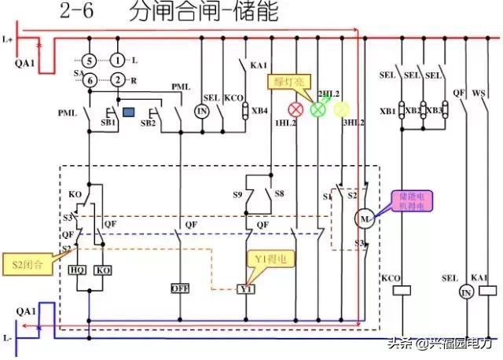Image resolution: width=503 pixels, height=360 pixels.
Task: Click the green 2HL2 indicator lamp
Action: [x=318, y=109]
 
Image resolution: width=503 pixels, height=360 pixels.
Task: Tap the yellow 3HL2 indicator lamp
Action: [x=340, y=109]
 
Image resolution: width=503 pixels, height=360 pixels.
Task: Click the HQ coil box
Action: [x=78, y=270]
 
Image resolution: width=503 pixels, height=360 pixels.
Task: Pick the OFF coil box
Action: [x=181, y=288]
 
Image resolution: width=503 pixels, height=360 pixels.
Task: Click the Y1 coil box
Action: [x=248, y=288]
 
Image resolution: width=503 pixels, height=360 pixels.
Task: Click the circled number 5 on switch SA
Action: [x=90, y=60]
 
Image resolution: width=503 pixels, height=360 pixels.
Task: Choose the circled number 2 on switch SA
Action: [x=117, y=79]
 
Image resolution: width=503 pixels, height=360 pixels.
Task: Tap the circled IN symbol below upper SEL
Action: [x=202, y=112]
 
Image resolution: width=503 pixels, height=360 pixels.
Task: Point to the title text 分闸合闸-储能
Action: [x=204, y=13]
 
